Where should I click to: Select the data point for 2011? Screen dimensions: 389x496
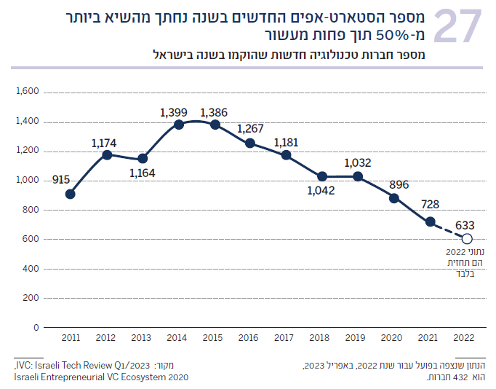pyautogui.click(x=70, y=194)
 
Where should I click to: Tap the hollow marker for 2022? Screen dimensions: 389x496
pyautogui.click(x=467, y=239)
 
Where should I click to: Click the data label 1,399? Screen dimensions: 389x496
pyautogui.click(x=174, y=112)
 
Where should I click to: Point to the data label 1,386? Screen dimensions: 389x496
pyautogui.click(x=214, y=112)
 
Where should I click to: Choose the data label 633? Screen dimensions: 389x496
pyautogui.click(x=466, y=225)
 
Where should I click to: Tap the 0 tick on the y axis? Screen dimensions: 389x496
pyautogui.click(x=35, y=327)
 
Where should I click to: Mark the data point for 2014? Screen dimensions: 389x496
pyautogui.click(x=178, y=125)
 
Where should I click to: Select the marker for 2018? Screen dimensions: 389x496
pyautogui.click(x=322, y=176)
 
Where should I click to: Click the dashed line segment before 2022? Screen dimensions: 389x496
pyautogui.click(x=449, y=230)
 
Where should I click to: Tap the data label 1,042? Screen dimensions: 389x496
pyautogui.click(x=319, y=192)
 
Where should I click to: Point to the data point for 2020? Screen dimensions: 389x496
pyautogui.click(x=394, y=198)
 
